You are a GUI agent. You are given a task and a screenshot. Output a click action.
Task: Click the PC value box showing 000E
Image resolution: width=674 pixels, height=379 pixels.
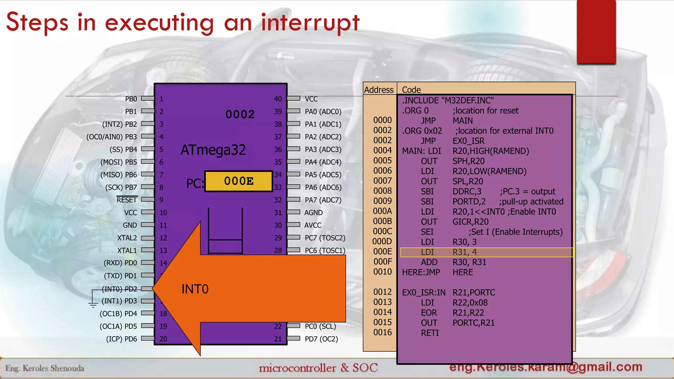(239, 181)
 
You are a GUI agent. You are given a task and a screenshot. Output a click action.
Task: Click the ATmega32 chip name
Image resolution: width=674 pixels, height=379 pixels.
(213, 150)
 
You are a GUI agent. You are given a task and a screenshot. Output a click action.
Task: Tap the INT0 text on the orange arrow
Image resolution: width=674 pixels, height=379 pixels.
(195, 289)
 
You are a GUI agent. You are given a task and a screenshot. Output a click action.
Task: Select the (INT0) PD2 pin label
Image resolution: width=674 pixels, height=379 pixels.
(119, 289)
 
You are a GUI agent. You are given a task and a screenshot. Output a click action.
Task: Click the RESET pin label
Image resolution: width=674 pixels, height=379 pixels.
(127, 200)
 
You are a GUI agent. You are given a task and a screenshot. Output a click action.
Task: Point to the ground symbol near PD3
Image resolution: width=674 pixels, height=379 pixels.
(93, 303)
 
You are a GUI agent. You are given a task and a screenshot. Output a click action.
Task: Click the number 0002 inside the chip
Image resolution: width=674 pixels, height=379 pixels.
(240, 114)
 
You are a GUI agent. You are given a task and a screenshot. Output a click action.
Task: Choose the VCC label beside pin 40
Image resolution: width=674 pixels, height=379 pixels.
(311, 99)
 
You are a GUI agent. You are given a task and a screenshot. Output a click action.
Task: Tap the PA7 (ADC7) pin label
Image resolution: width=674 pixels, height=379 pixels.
(323, 200)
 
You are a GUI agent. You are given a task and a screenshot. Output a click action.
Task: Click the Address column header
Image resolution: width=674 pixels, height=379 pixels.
(379, 90)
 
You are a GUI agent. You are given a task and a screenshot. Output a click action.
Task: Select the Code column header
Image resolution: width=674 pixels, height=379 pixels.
(411, 90)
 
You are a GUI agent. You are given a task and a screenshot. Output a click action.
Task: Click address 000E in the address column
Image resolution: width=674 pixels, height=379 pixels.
(382, 252)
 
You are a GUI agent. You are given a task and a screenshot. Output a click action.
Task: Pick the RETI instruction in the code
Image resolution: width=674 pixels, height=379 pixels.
(430, 333)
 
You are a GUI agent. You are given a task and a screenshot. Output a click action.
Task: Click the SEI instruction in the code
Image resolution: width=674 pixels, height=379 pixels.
(427, 232)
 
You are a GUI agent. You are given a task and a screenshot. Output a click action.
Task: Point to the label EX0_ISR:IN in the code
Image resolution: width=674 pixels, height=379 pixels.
(424, 292)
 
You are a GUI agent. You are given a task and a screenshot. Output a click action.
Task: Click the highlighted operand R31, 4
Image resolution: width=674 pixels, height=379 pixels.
(464, 252)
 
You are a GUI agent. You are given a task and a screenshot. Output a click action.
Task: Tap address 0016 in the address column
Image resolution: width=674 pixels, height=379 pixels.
(382, 333)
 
